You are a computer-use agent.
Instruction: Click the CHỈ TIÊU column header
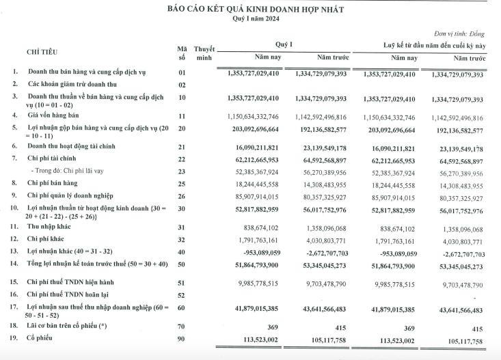coord(42,52)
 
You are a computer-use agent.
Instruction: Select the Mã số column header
coord(182,53)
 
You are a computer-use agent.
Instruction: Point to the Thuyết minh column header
coord(204,53)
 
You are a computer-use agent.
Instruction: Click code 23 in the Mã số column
coord(182,172)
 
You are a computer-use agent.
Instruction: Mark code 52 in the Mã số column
coord(182,295)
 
